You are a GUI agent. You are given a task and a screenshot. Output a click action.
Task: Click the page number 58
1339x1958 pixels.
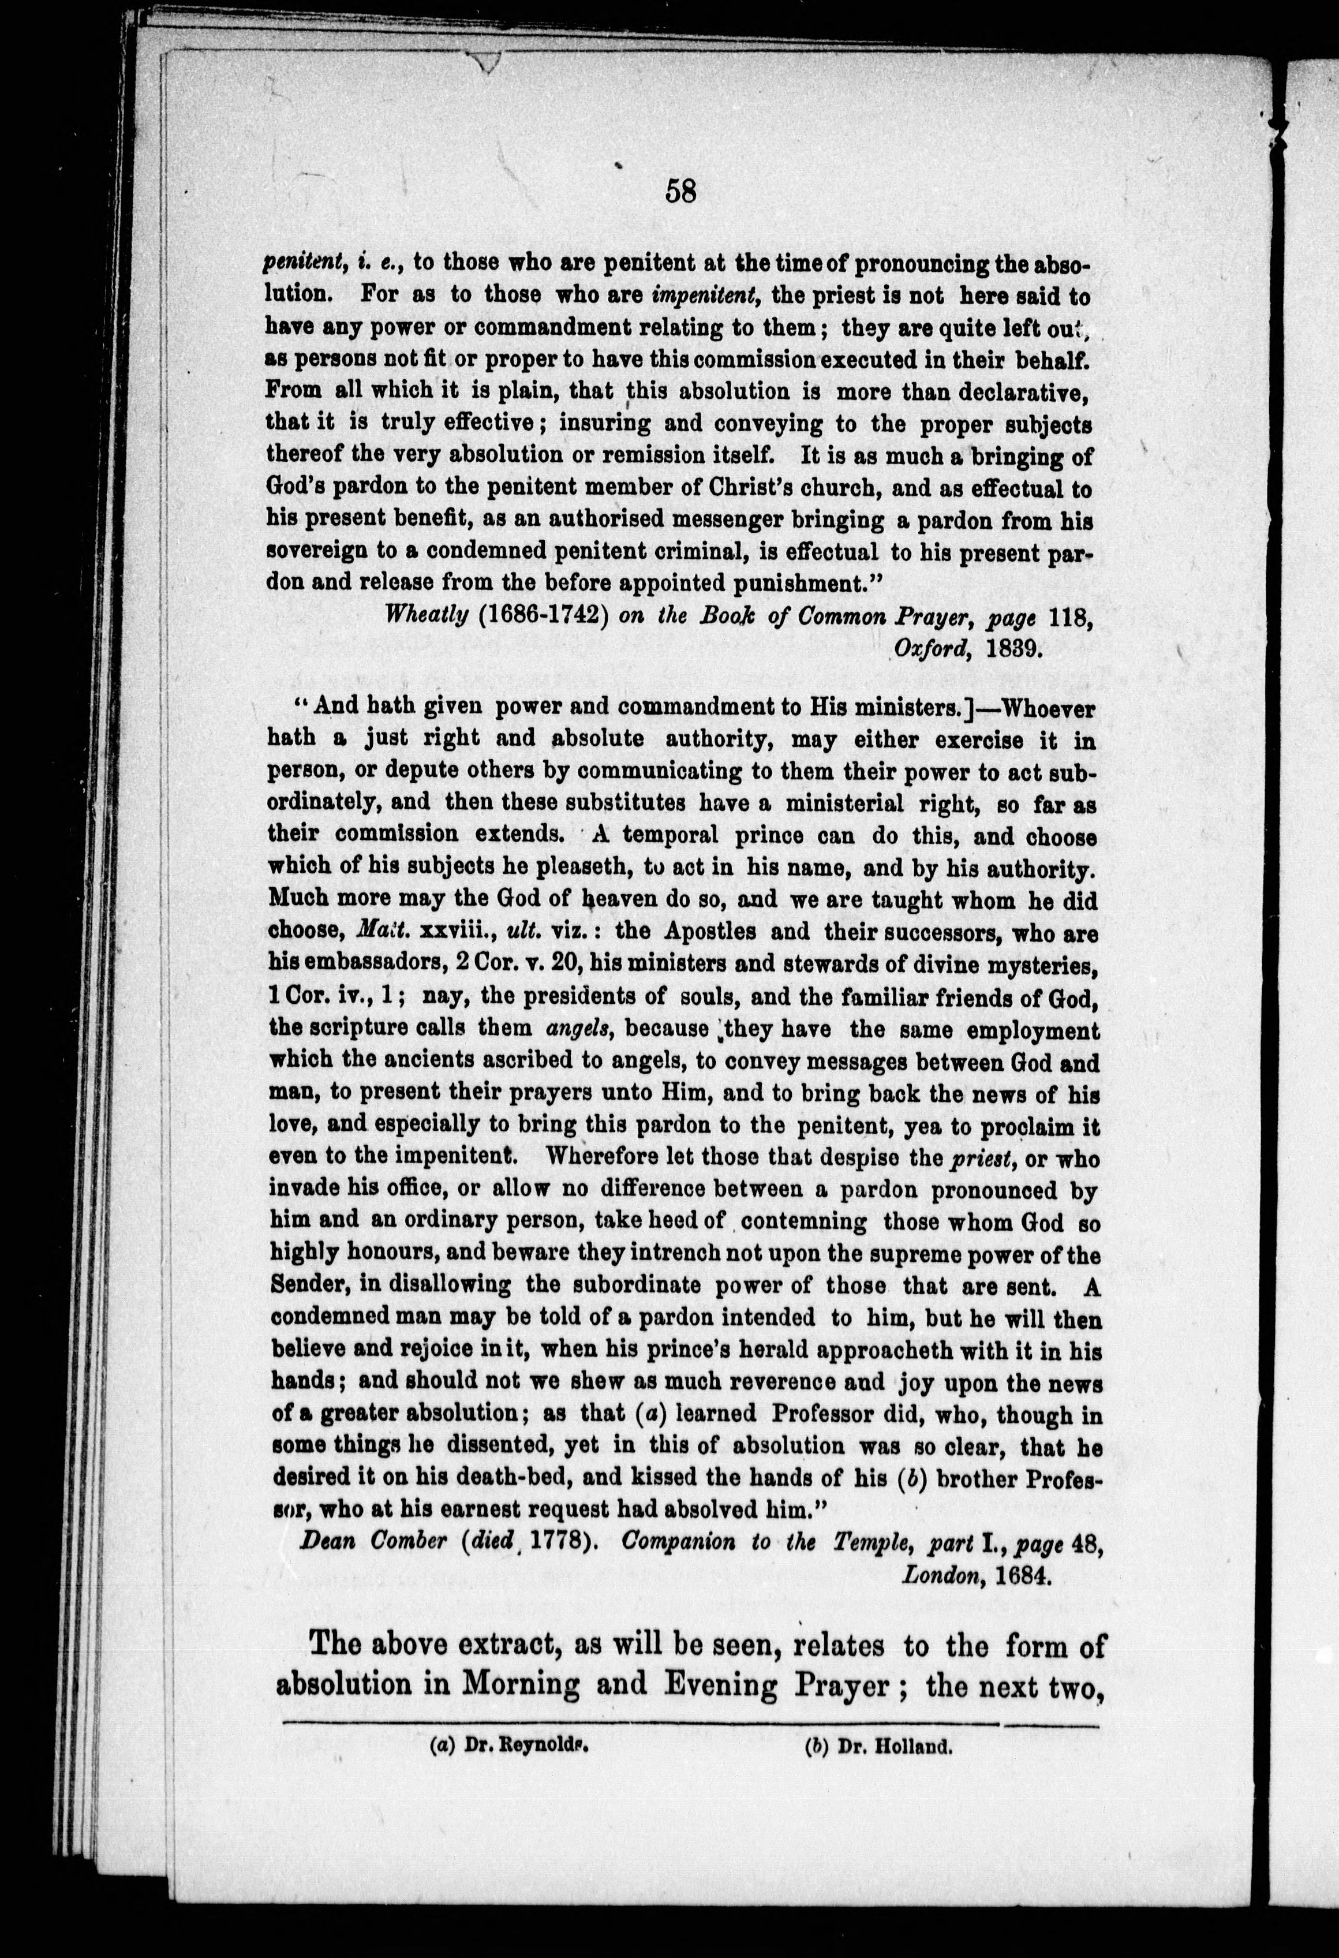click(680, 193)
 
